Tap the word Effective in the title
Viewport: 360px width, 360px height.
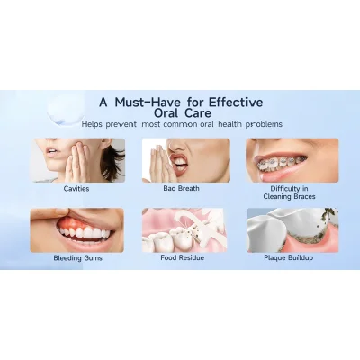pos(236,103)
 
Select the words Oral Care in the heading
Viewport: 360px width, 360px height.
pos(183,113)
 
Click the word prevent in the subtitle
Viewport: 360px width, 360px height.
pos(121,124)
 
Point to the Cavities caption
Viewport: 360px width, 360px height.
pos(76,189)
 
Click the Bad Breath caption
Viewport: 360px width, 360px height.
pos(181,188)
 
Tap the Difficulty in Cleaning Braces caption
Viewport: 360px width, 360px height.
pos(289,193)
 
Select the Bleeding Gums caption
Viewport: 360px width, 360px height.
pos(77,258)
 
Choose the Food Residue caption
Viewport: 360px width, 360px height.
pos(182,257)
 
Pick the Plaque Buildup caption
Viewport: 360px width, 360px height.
pos(289,257)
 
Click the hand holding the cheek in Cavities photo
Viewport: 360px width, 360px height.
pos(75,162)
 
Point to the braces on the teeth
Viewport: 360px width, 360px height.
pos(282,164)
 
